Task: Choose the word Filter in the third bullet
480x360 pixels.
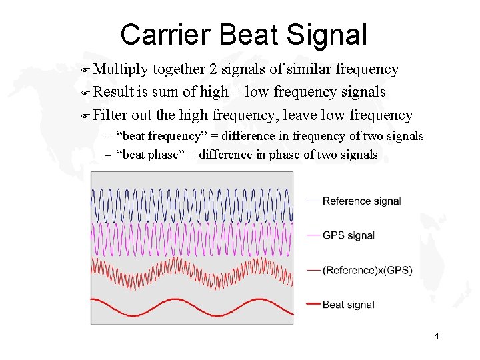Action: (111, 115)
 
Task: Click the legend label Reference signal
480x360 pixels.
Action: (361, 201)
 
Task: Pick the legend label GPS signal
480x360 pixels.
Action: (348, 235)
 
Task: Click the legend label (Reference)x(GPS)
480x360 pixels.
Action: (367, 270)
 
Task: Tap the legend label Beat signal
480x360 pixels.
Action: (348, 305)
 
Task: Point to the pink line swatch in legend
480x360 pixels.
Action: (313, 235)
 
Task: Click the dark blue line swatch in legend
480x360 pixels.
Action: (313, 201)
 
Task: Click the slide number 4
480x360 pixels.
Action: (436, 336)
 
